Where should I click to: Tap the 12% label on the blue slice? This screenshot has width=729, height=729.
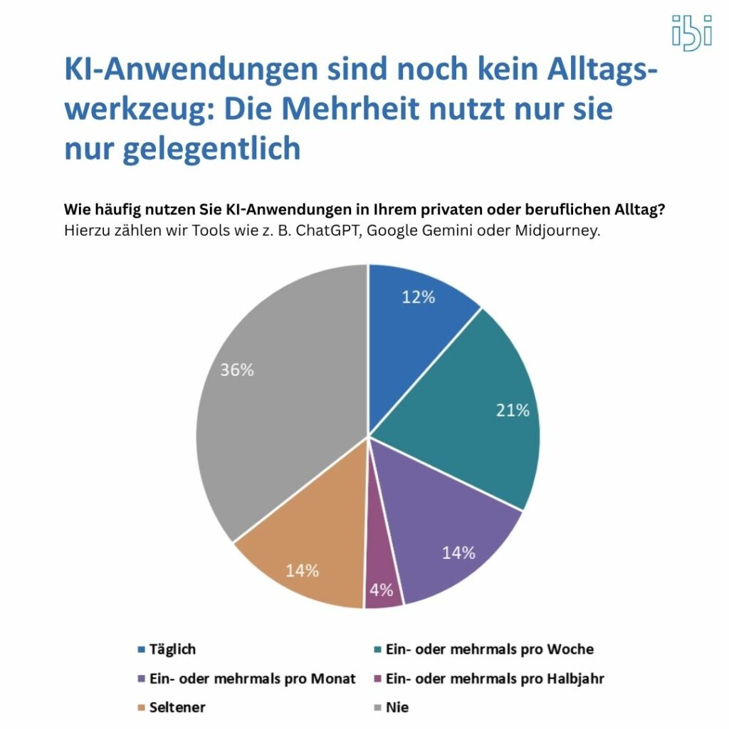pos(418,298)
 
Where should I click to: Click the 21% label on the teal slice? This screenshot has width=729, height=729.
pos(513,410)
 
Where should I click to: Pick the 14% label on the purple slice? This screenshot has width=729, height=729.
pos(458,552)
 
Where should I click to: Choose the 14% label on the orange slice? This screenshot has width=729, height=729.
pos(302,570)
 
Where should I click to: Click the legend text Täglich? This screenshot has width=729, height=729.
pos(172,649)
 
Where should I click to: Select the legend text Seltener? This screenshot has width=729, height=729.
pos(177,708)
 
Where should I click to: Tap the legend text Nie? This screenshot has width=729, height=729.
pos(397,708)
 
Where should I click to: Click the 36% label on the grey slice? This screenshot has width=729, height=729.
pos(236,371)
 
